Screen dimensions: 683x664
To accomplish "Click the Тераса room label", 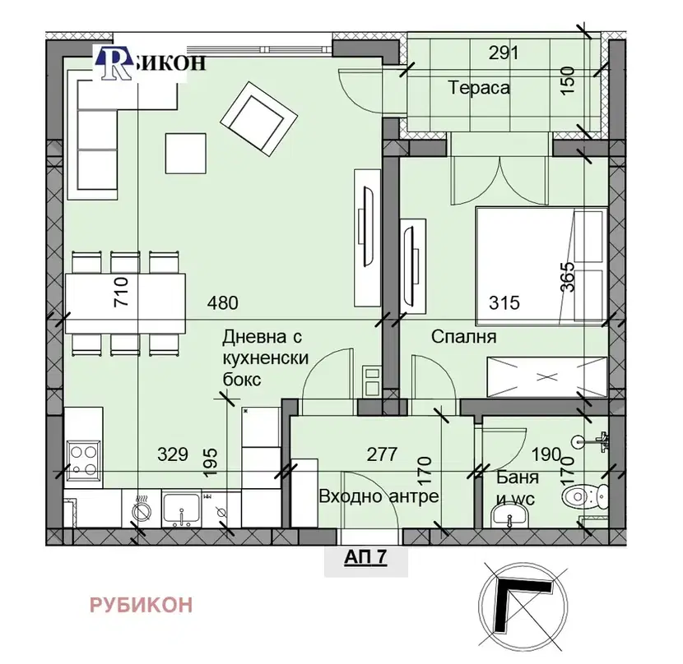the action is tap(478, 88).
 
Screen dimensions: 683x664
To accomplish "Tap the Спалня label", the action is tap(463, 336).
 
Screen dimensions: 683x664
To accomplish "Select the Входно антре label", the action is tap(379, 496).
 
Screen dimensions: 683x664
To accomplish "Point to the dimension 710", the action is tap(121, 292).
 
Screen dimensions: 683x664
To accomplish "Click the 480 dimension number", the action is tap(222, 303).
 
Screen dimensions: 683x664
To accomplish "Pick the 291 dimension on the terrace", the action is tap(504, 53).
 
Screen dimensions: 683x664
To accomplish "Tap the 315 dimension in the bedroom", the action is tap(504, 303).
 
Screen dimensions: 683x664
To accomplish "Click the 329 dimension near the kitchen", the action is tap(173, 454).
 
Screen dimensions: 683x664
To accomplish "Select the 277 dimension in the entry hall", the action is tap(382, 454).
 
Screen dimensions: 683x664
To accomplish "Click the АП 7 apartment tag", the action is tap(365, 557).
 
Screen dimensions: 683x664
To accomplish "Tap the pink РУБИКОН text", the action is tap(142, 605).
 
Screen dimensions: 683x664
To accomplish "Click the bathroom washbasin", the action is tap(509, 515).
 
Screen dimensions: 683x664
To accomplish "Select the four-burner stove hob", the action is tap(84, 460).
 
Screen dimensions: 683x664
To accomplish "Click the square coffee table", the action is tap(185, 154).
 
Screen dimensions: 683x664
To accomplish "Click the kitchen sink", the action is tap(182, 509).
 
